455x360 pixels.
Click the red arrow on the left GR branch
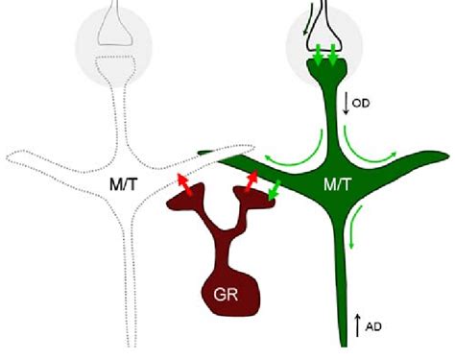[x=184, y=184]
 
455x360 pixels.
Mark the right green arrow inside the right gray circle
[x=333, y=59]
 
